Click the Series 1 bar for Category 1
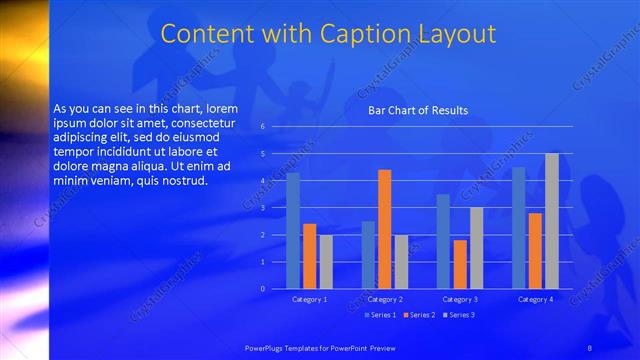pyautogui.click(x=293, y=231)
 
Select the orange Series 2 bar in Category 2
pyautogui.click(x=384, y=229)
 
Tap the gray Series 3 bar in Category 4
pyautogui.click(x=551, y=221)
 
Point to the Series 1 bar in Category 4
pyautogui.click(x=518, y=228)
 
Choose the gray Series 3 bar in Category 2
pyautogui.click(x=401, y=262)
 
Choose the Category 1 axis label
pyautogui.click(x=309, y=299)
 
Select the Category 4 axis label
pyautogui.click(x=535, y=299)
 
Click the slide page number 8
pyautogui.click(x=590, y=346)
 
